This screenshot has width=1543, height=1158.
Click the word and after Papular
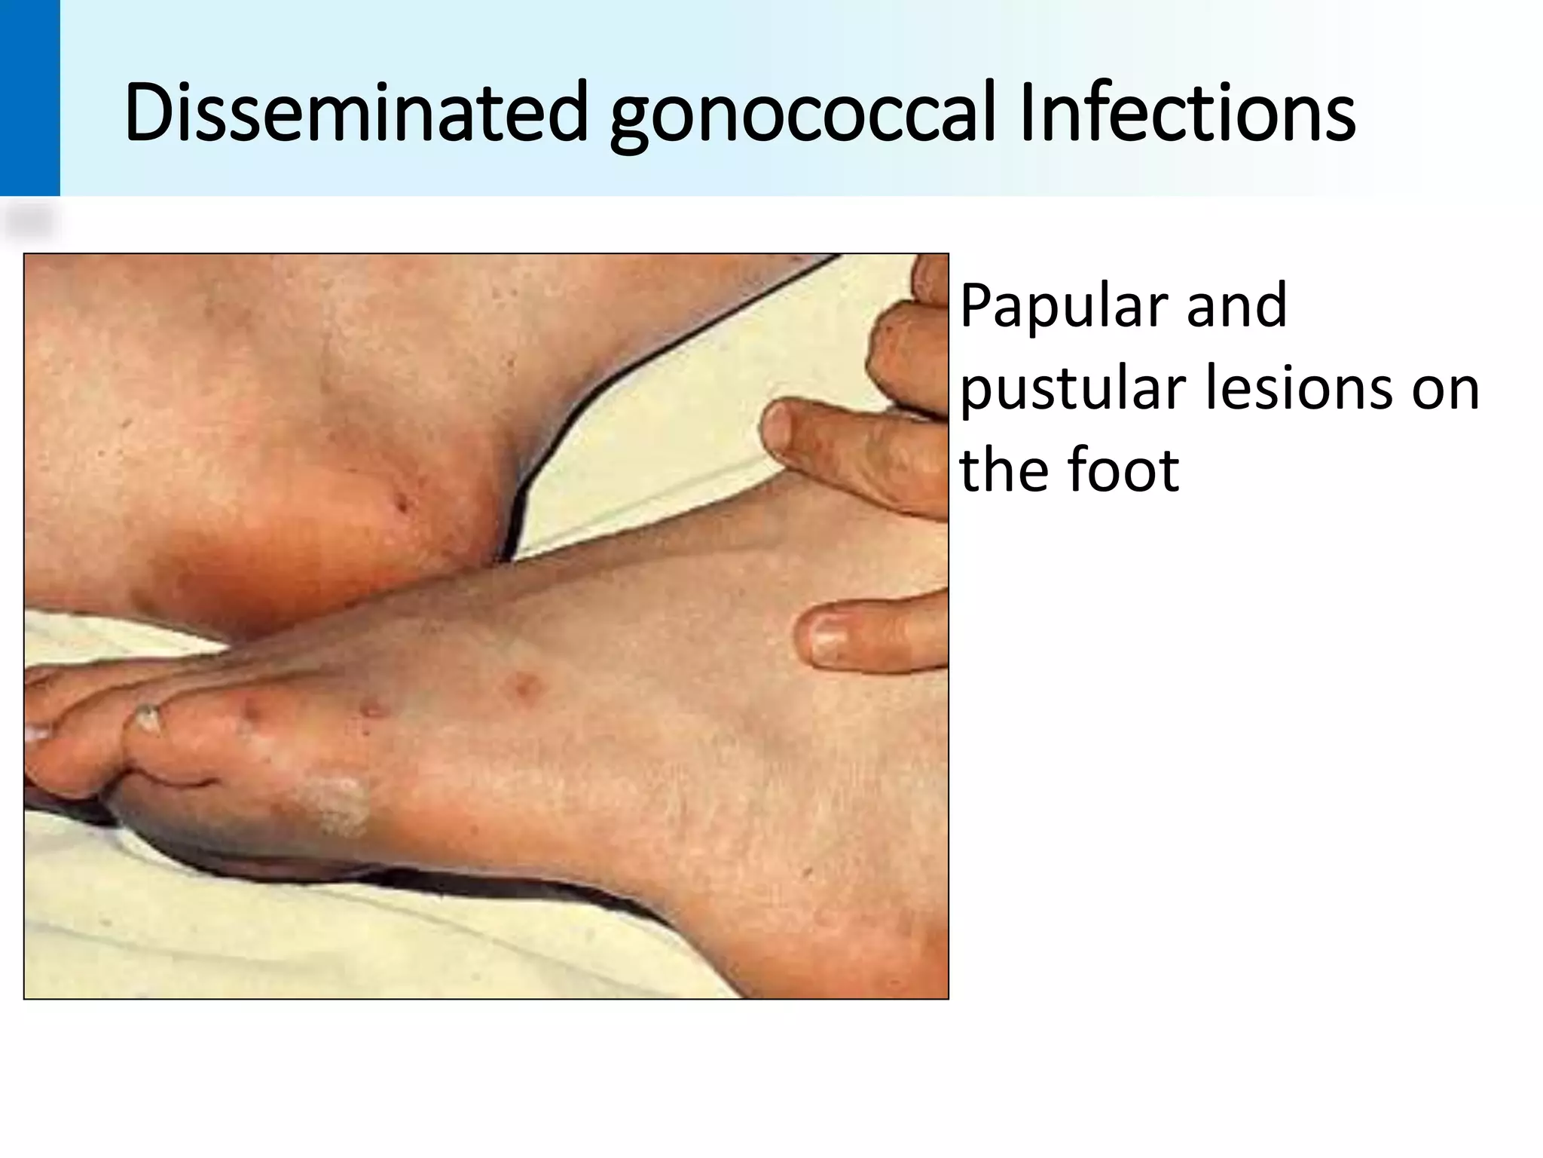coord(1236,306)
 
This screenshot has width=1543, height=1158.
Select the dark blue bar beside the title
coord(29,98)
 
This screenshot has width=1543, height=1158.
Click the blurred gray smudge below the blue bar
coord(30,223)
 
